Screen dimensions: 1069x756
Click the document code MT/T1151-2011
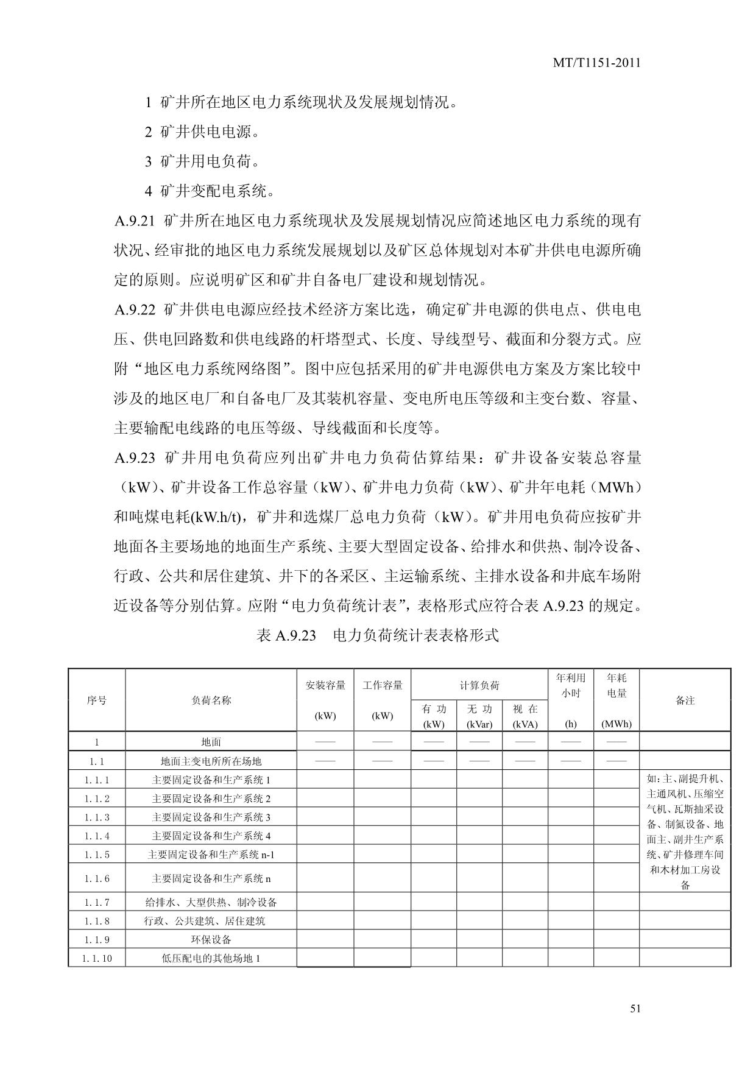[596, 63]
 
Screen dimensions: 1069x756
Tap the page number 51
[635, 1009]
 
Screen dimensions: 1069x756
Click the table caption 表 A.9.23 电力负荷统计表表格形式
[378, 635]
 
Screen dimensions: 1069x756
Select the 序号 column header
[97, 700]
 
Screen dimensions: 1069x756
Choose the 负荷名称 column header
[211, 700]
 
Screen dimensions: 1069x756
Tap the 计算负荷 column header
[479, 685]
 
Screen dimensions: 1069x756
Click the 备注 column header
[685, 700]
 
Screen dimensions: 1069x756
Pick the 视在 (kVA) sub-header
[525, 716]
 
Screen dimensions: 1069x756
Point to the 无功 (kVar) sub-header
[479, 716]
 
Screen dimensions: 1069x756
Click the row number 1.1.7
[97, 902]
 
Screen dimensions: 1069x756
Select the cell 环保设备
[211, 939]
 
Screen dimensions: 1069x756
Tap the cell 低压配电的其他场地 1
[211, 958]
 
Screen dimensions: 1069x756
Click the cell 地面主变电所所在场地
[211, 761]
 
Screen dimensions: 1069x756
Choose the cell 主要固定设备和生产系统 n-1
[211, 855]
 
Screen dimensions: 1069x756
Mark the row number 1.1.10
[97, 958]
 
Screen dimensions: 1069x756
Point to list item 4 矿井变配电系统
[210, 191]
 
